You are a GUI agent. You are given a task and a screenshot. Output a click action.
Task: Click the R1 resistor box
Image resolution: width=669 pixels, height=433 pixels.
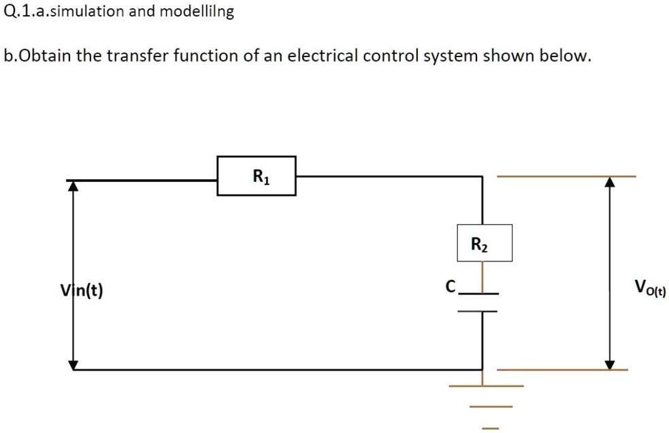pos(256,176)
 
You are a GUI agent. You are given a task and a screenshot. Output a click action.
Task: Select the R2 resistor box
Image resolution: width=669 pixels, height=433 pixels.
pos(483,244)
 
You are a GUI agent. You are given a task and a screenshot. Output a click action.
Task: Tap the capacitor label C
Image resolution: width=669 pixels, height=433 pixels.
pos(450,287)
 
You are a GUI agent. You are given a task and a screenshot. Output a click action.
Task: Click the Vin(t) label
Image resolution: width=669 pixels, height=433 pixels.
pos(81,291)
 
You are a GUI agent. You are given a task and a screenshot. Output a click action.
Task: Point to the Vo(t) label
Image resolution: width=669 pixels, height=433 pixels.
pos(650,287)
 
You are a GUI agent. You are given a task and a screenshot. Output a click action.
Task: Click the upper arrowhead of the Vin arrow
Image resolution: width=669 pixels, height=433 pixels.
pos(74,186)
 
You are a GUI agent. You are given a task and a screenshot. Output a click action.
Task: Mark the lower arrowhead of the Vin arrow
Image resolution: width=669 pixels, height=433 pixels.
pos(74,364)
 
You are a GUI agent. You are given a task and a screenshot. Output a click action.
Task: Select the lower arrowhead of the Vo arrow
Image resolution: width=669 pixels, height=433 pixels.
pos(610,364)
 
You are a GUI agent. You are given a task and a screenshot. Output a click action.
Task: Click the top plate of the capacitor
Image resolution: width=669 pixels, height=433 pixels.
pos(480,293)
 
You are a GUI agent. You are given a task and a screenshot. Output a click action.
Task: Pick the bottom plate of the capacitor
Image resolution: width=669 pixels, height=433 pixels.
pos(480,311)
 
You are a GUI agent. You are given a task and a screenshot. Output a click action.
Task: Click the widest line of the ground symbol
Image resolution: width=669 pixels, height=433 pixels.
pos(485,386)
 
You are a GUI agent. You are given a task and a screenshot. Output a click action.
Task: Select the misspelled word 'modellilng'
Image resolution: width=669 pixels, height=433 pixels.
pos(197,12)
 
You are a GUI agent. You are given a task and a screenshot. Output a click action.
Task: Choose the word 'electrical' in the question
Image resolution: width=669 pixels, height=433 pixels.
pos(323,56)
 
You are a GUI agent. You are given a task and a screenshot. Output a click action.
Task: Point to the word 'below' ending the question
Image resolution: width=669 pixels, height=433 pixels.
pos(564,56)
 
